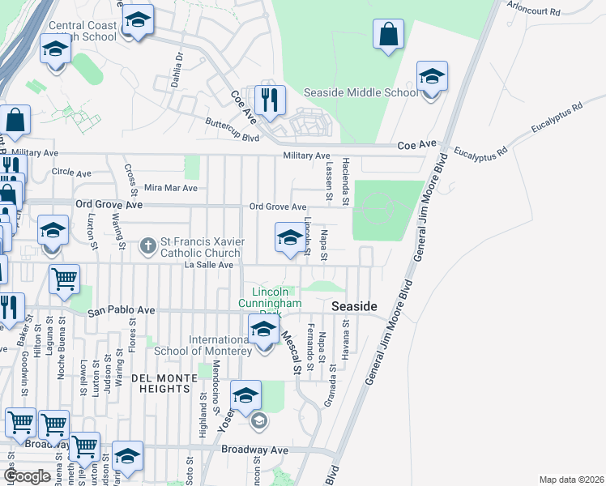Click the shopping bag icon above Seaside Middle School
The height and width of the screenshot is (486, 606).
click(x=389, y=34)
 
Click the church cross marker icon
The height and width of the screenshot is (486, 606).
click(x=147, y=243)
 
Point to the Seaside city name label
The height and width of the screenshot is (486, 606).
click(x=355, y=306)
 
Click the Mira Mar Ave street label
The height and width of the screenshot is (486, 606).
click(x=170, y=188)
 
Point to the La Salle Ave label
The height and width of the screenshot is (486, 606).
click(x=209, y=264)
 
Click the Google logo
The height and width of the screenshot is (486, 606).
click(x=28, y=476)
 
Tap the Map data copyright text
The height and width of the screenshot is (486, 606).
click(x=570, y=480)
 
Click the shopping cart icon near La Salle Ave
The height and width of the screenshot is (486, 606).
click(x=64, y=279)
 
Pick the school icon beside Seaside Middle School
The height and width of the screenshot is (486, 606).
click(x=432, y=77)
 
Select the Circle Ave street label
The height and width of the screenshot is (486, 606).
click(x=71, y=173)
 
